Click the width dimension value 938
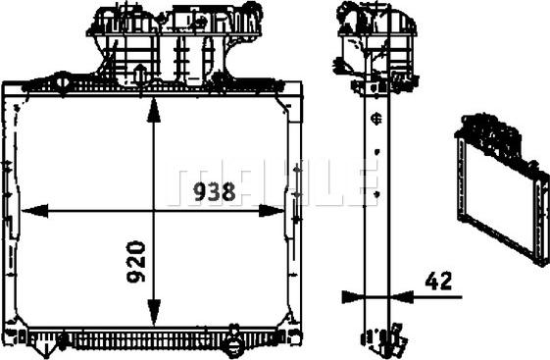pos(215,192)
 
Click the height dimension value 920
pos(135,261)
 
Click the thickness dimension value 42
pos(438,281)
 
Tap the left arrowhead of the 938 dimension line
pos(34,211)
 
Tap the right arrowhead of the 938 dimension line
pos(272,211)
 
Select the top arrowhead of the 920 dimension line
pos(154,110)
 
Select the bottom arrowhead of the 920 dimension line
pos(154,312)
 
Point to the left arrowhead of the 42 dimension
pos(354,297)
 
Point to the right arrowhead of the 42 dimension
pos(401,297)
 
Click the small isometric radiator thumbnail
pos(503,188)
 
